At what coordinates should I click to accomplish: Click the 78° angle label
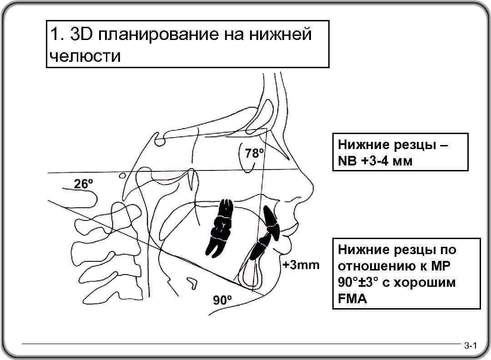[x=254, y=153]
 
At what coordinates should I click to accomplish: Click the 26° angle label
[x=84, y=184]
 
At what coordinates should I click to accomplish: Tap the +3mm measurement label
[x=301, y=265]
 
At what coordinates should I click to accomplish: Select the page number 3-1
[x=470, y=347]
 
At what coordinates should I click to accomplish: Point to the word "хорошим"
[x=425, y=282]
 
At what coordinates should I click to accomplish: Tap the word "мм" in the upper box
[x=404, y=160]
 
